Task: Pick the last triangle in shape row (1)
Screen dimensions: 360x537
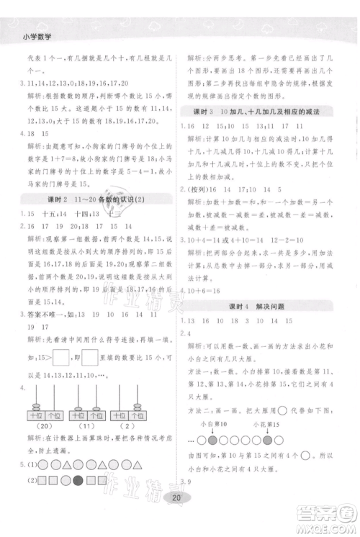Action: pos(141,466)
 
